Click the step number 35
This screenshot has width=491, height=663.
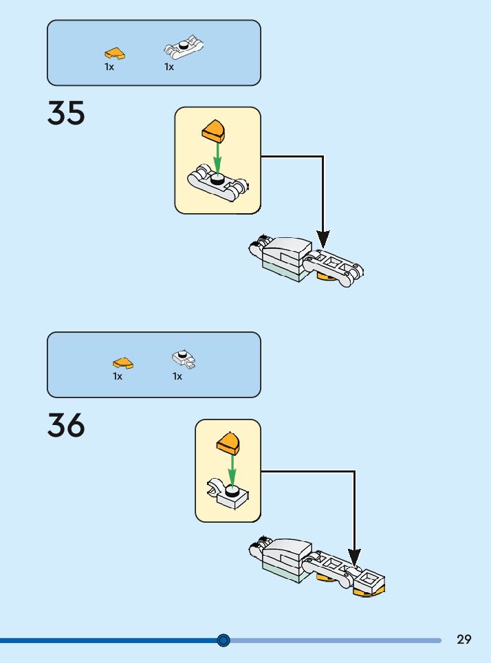tap(66, 113)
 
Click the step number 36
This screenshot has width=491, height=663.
tap(66, 425)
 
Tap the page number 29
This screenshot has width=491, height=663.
tap(464, 640)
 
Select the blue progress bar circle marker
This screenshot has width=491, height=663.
tap(223, 640)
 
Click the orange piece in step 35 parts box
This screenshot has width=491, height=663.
tap(115, 52)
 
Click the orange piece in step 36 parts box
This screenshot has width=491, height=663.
tap(123, 363)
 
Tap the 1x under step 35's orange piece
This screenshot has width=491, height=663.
tap(109, 67)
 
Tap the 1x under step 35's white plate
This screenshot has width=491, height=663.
tap(169, 67)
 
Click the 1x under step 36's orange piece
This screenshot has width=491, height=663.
tap(118, 376)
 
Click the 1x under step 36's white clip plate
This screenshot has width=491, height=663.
tap(177, 376)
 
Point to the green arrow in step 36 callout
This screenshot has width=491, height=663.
tap(232, 468)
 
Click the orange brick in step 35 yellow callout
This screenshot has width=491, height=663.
tap(215, 129)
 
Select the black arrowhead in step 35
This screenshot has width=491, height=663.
tap(323, 239)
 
